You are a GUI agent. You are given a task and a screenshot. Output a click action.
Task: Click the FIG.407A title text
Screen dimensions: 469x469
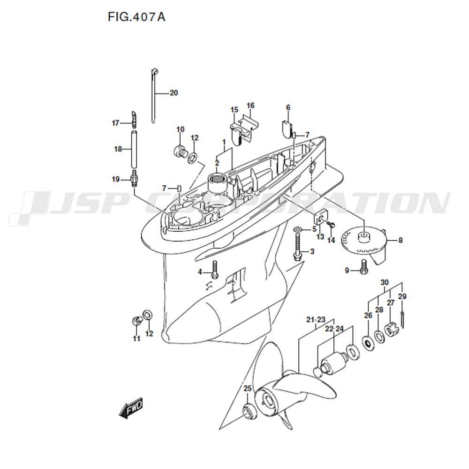click(136, 17)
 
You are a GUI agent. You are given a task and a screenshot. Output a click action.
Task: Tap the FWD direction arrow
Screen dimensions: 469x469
click(131, 408)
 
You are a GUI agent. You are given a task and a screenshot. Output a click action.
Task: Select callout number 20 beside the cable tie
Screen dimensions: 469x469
click(174, 93)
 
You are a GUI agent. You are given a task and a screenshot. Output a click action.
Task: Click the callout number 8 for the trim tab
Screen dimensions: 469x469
click(401, 240)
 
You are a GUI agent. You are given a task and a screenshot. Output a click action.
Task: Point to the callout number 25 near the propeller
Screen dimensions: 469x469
click(247, 388)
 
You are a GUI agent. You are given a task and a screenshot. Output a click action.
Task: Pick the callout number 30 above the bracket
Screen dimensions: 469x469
click(385, 282)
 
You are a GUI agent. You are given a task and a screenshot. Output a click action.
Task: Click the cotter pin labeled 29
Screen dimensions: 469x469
click(402, 320)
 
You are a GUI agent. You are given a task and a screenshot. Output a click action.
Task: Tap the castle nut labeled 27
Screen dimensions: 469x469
click(392, 330)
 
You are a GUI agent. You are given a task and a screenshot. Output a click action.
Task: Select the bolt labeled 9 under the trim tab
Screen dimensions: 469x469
click(364, 267)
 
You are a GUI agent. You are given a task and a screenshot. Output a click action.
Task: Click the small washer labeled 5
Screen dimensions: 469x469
click(298, 229)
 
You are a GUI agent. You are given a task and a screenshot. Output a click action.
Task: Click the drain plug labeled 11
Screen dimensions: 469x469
click(136, 320)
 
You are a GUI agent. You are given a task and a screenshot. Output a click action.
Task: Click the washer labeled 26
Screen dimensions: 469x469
click(368, 343)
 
